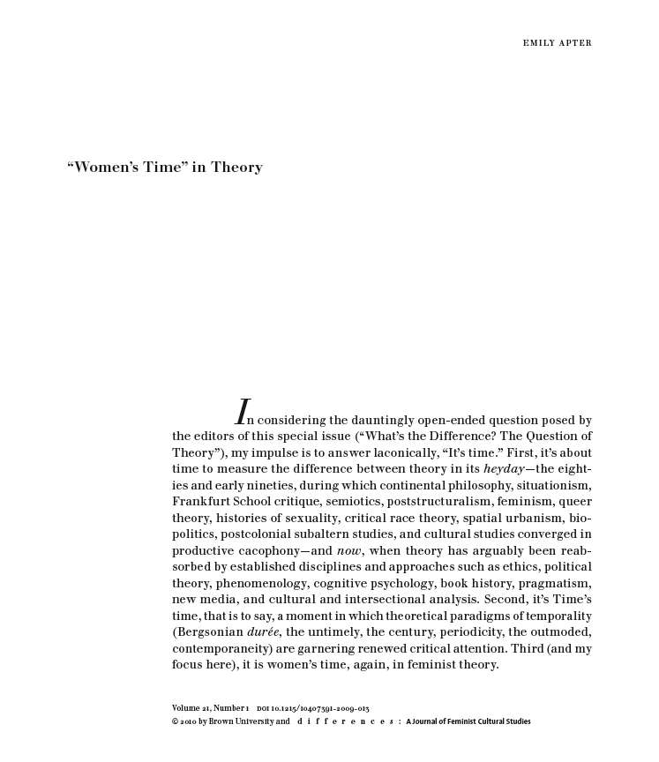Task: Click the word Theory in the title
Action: (236, 168)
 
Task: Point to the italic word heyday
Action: (503, 469)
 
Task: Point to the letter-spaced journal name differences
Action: (345, 721)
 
